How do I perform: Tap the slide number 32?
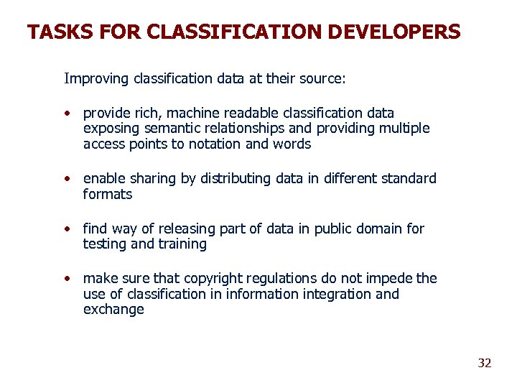[485, 363]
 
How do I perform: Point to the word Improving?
[97, 78]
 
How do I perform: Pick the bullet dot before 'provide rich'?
[67, 114]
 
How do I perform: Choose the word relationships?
[241, 129]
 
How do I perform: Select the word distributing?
[233, 178]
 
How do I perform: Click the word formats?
[108, 194]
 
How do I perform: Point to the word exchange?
[113, 310]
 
